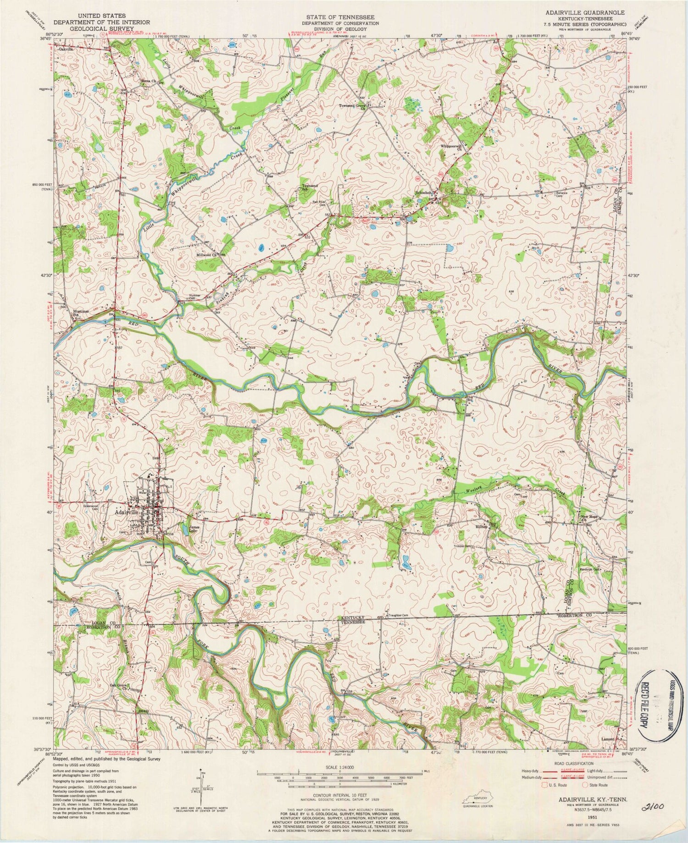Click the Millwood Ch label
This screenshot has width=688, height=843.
click(x=207, y=255)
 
